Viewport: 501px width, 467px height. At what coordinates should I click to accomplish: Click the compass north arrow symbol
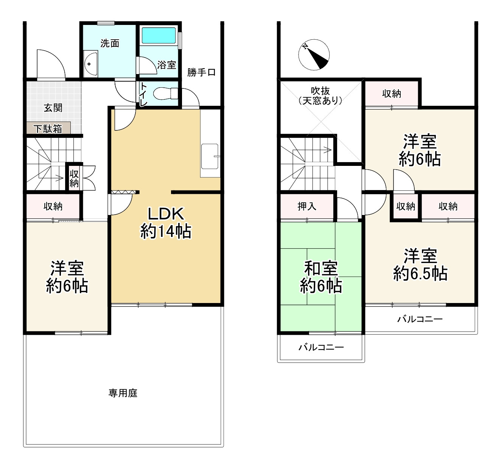314,55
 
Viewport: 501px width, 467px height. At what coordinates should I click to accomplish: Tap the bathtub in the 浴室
159,36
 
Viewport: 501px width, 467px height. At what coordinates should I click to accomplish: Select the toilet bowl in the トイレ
165,93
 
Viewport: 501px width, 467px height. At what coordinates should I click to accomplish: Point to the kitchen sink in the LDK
210,156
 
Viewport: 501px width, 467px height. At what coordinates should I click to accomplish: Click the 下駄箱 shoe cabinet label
48,129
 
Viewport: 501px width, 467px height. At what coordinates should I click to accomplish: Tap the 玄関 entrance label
53,108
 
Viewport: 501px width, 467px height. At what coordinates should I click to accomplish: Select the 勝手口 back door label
201,73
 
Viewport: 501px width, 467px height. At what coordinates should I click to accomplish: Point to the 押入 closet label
307,206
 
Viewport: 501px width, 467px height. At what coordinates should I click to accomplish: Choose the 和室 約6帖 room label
321,277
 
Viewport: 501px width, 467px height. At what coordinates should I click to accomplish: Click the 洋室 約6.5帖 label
420,264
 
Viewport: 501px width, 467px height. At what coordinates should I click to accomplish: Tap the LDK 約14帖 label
166,223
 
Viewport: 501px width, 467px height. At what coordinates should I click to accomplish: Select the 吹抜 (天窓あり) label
321,96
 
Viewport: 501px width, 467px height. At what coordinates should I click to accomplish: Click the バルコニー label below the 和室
321,348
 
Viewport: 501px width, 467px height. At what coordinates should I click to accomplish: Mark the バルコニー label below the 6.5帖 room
420,319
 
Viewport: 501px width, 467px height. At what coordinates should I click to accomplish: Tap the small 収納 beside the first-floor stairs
74,178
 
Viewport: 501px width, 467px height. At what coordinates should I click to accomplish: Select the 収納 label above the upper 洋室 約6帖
392,94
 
